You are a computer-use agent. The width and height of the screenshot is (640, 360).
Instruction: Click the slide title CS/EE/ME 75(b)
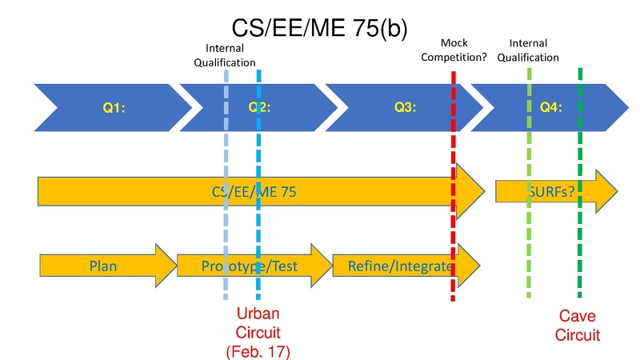pos(319,29)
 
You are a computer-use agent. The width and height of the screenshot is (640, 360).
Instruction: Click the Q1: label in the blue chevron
pos(113,106)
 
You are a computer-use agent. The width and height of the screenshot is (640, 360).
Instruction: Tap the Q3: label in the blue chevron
pos(404,106)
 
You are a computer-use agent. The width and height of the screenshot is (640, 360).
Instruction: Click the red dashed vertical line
pos(454,232)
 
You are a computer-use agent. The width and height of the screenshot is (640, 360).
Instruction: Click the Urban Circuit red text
pos(258,322)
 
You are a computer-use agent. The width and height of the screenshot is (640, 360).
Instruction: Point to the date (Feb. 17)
pos(258,350)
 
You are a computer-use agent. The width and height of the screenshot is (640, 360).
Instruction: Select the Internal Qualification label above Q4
pos(534,50)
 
